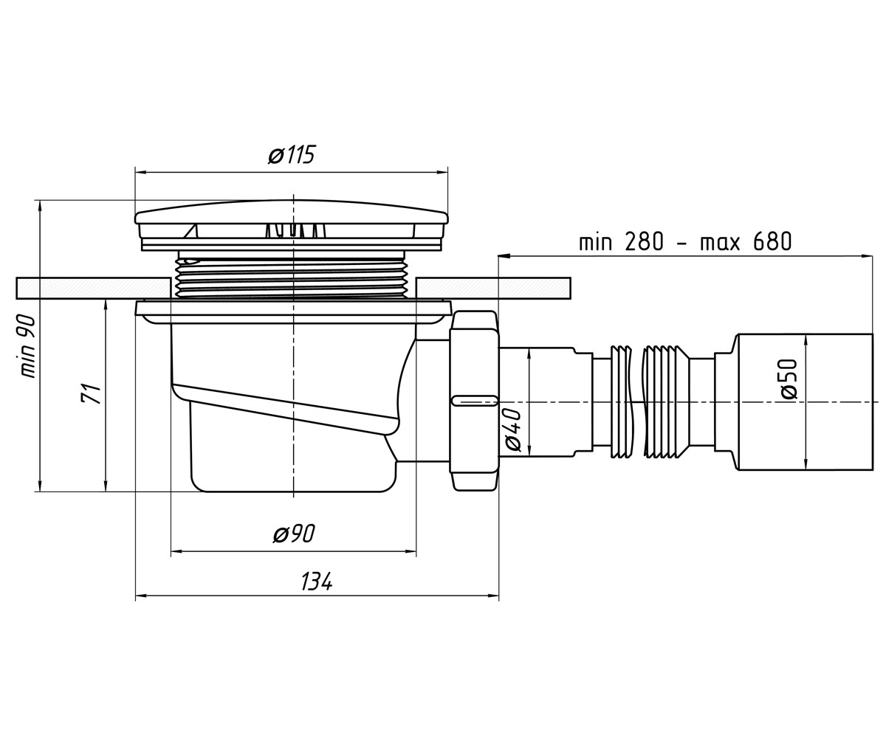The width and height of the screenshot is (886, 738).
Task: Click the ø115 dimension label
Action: (x=292, y=155)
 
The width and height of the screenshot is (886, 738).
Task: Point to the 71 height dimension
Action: (x=91, y=393)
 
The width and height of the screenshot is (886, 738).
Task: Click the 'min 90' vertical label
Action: (x=28, y=345)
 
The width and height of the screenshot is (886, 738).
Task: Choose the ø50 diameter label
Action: (x=789, y=379)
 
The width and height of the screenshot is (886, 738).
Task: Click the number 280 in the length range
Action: (x=644, y=242)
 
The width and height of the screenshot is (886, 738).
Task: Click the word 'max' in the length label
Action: (x=720, y=244)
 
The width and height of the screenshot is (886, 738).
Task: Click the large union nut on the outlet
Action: (x=475, y=401)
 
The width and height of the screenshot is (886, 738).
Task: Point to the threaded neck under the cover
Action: (x=291, y=277)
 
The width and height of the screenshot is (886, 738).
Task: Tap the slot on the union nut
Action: (x=475, y=401)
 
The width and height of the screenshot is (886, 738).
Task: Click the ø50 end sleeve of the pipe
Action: (x=805, y=401)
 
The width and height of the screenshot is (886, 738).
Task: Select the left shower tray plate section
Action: (x=93, y=288)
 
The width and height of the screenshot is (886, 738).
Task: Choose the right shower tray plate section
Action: (x=493, y=288)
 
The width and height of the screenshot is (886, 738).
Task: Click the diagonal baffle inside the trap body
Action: (x=285, y=409)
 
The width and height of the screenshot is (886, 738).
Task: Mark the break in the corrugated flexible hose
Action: (x=637, y=401)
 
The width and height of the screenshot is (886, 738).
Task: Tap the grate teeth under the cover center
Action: (x=294, y=230)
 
